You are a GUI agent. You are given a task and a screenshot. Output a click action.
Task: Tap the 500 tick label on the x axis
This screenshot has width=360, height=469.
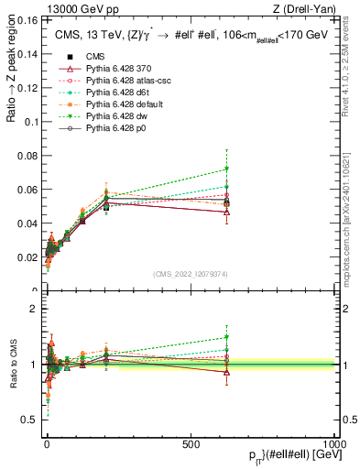pyautogui.click(x=191, y=442)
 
